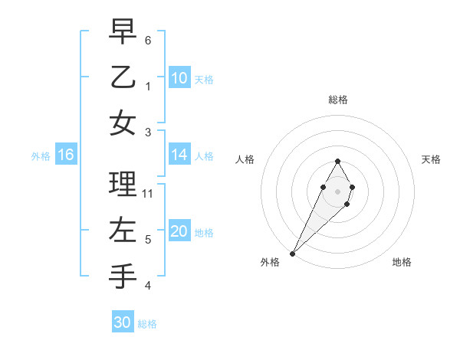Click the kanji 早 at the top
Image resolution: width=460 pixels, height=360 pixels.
pos(123,32)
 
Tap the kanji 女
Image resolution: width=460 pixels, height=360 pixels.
pos(123,123)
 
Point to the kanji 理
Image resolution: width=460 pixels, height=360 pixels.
pos(123,184)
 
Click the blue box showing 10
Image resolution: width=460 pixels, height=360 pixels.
pos(179,78)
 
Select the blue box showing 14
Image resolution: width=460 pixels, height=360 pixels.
pos(179,155)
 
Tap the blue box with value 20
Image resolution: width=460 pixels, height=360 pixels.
pos(179,231)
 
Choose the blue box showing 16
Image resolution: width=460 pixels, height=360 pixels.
pos(66,155)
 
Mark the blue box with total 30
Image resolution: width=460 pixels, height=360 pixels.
pos(123,322)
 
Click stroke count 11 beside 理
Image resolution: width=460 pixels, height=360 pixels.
pos(148,194)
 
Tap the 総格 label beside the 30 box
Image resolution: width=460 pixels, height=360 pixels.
pos(147,324)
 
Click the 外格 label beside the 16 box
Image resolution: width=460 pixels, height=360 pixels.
pos(41,156)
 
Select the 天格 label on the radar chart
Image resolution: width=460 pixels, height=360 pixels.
pos(431,159)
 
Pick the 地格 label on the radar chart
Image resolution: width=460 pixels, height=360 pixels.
pos(402,262)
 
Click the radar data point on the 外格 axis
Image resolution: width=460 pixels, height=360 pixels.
pos(292,253)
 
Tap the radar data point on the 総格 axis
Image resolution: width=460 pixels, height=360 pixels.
pos(337,161)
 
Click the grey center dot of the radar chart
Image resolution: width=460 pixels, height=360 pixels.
pos(337,191)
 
